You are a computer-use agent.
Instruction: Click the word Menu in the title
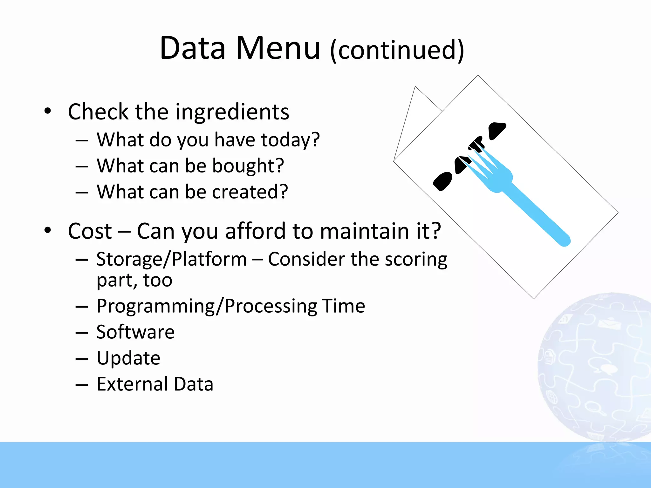click(278, 48)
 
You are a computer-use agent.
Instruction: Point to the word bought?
click(248, 166)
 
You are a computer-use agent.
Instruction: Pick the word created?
click(250, 192)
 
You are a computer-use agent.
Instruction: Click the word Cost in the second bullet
click(90, 231)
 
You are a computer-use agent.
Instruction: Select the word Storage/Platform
click(172, 259)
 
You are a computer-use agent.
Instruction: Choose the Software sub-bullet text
click(135, 332)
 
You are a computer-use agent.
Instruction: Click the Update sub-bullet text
click(128, 358)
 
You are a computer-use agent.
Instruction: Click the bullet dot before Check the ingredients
click(48, 111)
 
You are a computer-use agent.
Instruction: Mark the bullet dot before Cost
click(48, 230)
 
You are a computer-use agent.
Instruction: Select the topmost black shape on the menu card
click(497, 130)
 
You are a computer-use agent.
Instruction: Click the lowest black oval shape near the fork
click(442, 181)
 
